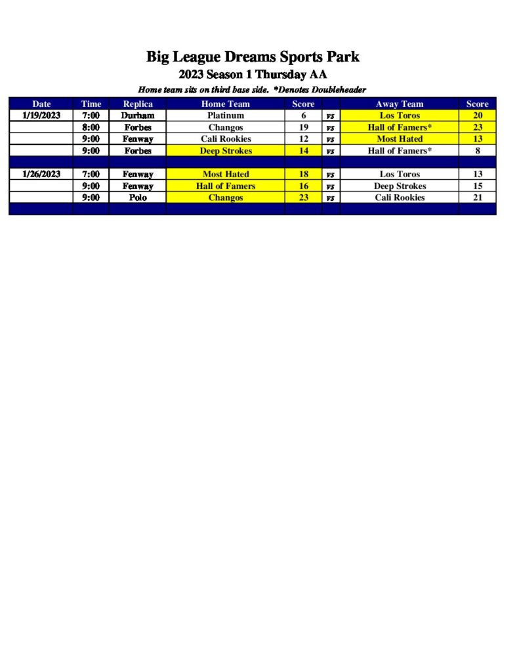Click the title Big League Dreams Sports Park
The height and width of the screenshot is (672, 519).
point(253,57)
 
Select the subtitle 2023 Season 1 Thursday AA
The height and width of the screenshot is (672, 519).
point(253,75)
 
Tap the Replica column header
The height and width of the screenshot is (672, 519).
point(138,104)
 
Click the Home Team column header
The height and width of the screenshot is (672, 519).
point(225,104)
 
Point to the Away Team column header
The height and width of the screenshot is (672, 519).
point(399,104)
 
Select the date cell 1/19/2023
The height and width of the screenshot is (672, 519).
point(41,115)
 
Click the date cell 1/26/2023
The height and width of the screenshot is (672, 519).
point(41,174)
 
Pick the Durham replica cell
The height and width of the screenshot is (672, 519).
point(138,115)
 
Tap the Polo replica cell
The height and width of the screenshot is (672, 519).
point(138,198)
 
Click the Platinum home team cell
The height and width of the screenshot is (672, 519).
point(225,115)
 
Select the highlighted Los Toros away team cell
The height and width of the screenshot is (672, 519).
point(399,115)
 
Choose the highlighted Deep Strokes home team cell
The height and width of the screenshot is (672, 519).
point(225,151)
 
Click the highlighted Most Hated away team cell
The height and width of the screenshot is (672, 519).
point(399,139)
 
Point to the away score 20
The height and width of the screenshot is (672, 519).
point(477,115)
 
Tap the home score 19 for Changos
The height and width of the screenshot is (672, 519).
point(304,127)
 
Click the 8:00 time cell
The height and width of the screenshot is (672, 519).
point(91,127)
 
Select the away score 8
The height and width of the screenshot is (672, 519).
point(477,151)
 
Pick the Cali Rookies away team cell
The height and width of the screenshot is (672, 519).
point(399,198)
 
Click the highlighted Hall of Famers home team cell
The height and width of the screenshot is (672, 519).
point(225,186)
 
